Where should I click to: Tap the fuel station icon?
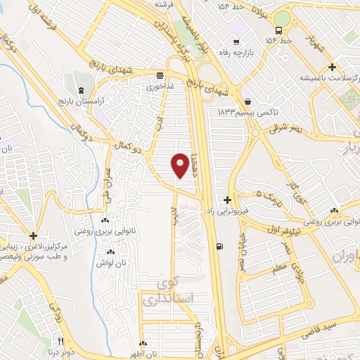[221, 246]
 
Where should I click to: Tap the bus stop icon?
[279, 30]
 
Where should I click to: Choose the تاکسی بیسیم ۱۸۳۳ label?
[246, 112]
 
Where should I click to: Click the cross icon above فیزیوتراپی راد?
[227, 200]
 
